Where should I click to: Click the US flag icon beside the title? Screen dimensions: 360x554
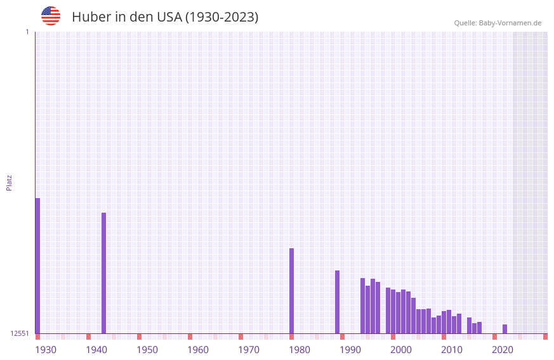tap(51, 16)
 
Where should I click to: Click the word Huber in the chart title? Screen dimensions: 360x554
tap(91, 17)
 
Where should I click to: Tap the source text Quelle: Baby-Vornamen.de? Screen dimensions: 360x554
tap(498, 23)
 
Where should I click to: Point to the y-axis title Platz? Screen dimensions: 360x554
tap(9, 182)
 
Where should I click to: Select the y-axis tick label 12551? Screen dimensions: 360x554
tap(20, 333)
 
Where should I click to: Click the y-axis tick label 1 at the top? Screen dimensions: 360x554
tap(27, 32)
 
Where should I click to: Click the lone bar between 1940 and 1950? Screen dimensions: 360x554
tap(103, 273)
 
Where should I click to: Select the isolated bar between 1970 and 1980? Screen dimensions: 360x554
tap(291, 291)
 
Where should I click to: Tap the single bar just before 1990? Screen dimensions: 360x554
tap(337, 302)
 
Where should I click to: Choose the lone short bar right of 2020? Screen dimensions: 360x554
tap(505, 329)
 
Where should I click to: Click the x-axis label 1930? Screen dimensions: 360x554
tap(46, 350)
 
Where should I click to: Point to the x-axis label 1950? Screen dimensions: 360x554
tap(147, 350)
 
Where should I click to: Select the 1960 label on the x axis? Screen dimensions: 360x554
tap(198, 350)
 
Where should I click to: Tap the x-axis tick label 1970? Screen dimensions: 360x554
tap(249, 350)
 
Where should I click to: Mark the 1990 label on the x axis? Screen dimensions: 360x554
tap(350, 350)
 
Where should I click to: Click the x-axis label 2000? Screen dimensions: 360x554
tap(401, 350)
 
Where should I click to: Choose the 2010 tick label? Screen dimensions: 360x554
tap(452, 350)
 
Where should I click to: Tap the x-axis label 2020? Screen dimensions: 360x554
tap(503, 350)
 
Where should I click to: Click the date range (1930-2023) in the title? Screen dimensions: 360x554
tap(221, 17)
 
